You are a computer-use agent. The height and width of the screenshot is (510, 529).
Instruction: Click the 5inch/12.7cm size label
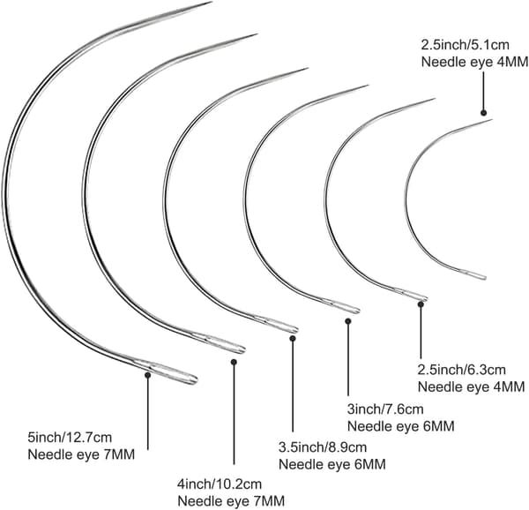[x=70, y=438]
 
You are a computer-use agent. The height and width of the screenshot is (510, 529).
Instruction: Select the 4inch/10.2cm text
[x=220, y=484]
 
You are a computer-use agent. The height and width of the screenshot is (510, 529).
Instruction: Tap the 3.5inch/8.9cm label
[x=323, y=447]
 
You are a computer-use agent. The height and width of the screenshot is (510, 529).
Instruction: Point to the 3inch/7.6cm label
[x=385, y=409]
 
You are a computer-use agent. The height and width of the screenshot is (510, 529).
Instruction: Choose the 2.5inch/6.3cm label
[x=462, y=370]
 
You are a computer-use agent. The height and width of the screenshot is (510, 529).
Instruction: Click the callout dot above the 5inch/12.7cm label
[x=147, y=375]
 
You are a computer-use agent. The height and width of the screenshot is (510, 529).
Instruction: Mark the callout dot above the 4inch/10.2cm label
[x=234, y=362]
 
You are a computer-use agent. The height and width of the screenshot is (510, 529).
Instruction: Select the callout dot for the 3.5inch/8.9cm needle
[x=293, y=338]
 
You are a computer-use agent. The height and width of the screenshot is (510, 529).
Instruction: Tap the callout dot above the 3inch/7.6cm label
[x=348, y=321]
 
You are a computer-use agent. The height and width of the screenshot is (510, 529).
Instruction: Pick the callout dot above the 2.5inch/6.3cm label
[x=421, y=304]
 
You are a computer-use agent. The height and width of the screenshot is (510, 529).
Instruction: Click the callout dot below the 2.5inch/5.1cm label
[x=483, y=113]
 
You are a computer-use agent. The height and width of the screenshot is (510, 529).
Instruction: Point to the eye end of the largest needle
[x=196, y=380]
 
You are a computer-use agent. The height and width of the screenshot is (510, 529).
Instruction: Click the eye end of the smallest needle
[x=485, y=277]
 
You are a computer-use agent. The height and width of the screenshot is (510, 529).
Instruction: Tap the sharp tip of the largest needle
[x=212, y=2]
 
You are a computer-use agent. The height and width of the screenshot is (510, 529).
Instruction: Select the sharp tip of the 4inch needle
[x=257, y=34]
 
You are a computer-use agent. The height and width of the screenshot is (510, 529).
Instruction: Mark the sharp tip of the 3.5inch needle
[x=308, y=69]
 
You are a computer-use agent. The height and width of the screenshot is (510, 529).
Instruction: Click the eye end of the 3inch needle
[x=358, y=311]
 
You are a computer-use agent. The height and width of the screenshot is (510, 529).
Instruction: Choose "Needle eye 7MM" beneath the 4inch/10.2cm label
[x=231, y=500]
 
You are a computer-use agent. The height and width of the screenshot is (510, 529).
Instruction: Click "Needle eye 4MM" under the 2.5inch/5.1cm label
[x=474, y=62]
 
